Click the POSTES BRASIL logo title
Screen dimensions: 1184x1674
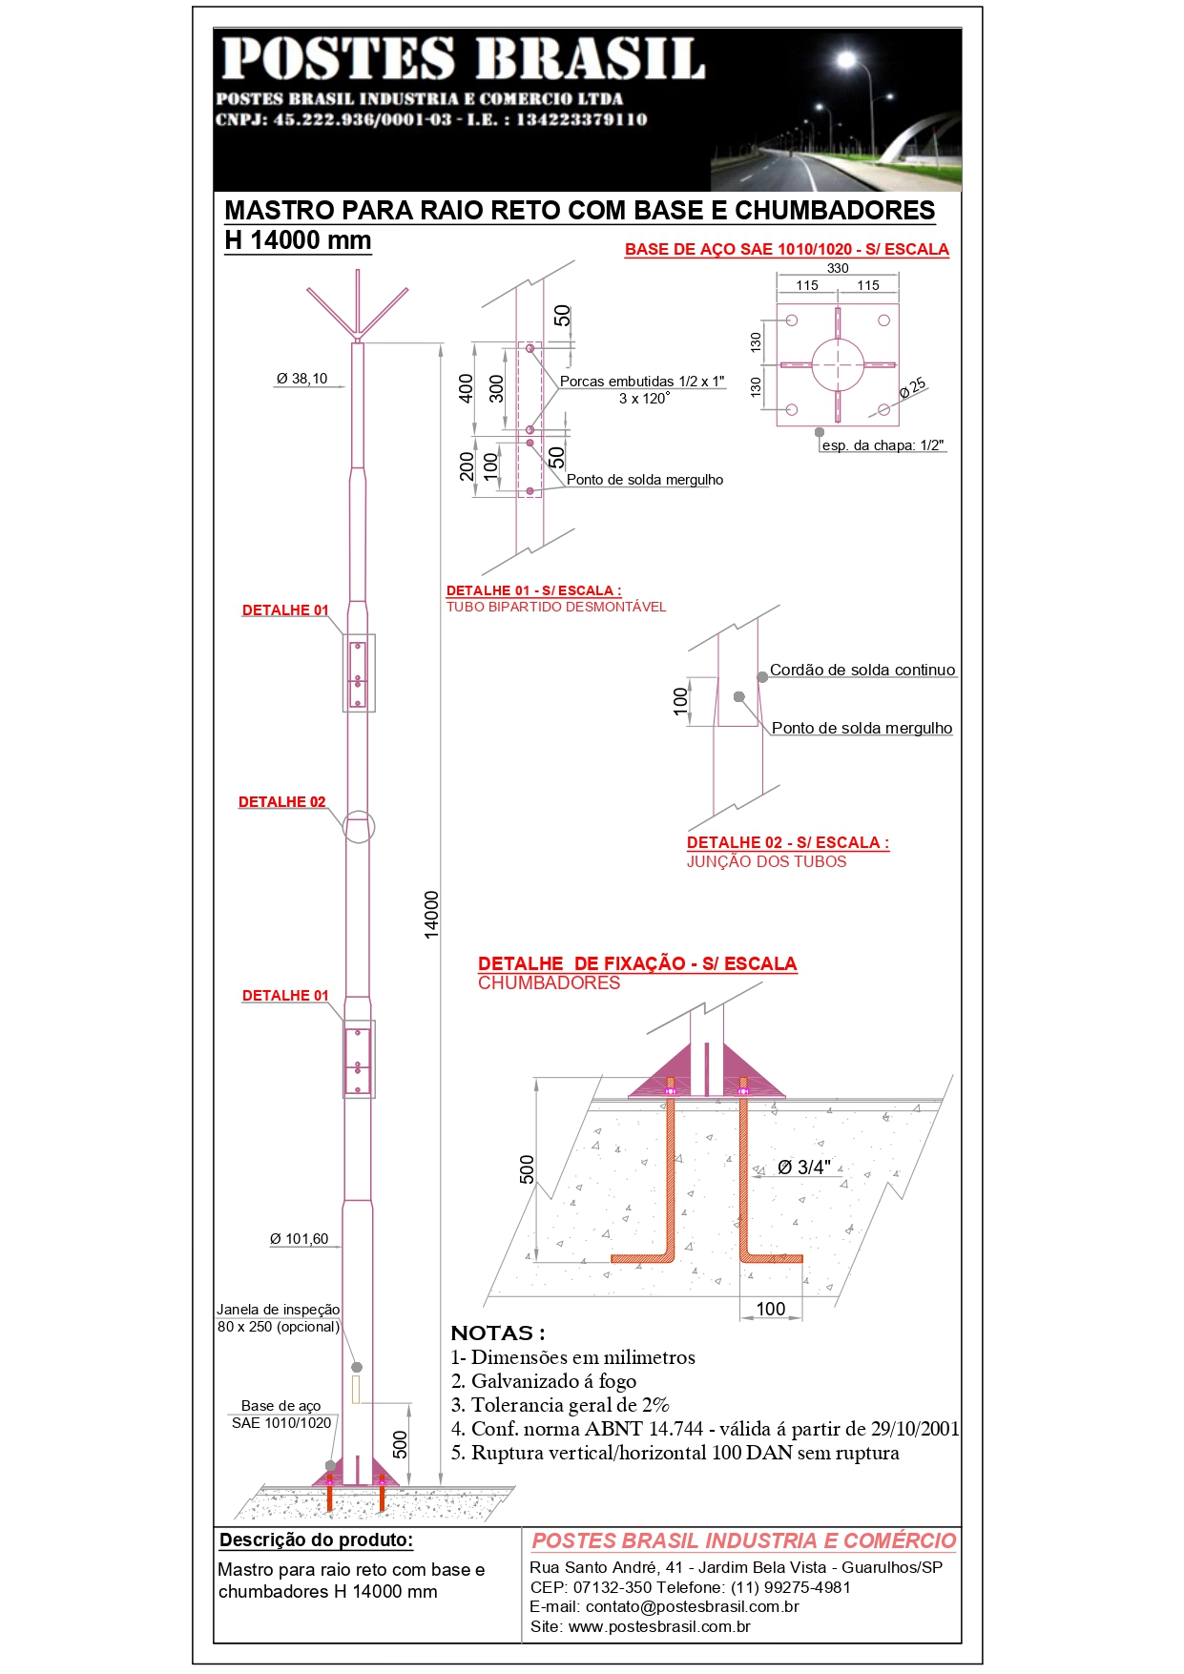(x=464, y=58)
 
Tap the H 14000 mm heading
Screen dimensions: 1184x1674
(x=298, y=240)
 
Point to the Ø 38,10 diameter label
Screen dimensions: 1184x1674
(x=301, y=379)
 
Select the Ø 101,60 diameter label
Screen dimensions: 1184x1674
(x=299, y=1239)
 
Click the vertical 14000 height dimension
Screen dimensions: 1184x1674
(x=432, y=915)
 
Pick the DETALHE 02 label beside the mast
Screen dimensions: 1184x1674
(x=281, y=802)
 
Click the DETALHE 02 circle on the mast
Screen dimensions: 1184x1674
(x=358, y=828)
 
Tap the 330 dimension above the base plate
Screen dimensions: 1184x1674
(x=838, y=268)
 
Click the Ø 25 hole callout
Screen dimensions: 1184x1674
(x=913, y=387)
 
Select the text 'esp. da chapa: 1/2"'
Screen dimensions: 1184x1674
(x=883, y=445)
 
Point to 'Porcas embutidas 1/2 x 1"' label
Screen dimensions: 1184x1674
(x=642, y=382)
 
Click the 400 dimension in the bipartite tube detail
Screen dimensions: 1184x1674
(x=466, y=389)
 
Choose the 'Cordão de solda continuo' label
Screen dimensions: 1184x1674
(x=862, y=671)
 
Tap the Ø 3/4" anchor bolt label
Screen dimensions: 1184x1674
(x=803, y=1168)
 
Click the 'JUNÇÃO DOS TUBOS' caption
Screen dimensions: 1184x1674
(x=767, y=862)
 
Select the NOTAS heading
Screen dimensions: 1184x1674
(x=498, y=1333)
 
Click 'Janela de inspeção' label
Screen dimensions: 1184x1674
(x=279, y=1310)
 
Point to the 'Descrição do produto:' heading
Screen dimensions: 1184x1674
(x=317, y=1540)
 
